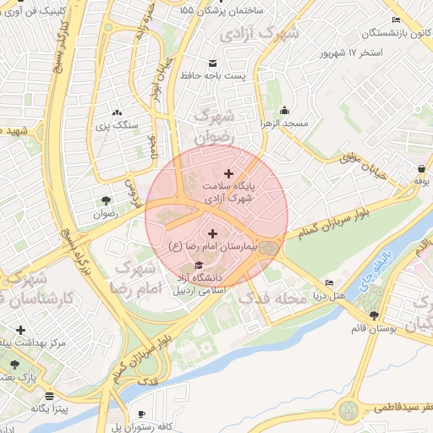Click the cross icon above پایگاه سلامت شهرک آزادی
[228, 173]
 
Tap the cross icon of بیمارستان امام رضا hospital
[211, 233]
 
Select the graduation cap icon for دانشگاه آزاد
[199, 265]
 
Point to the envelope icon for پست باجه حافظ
[211, 63]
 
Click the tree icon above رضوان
[106, 200]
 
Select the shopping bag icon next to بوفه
[420, 167]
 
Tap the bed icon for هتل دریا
[329, 283]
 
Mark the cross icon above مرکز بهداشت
[20, 330]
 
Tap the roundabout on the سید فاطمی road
[348, 410]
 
